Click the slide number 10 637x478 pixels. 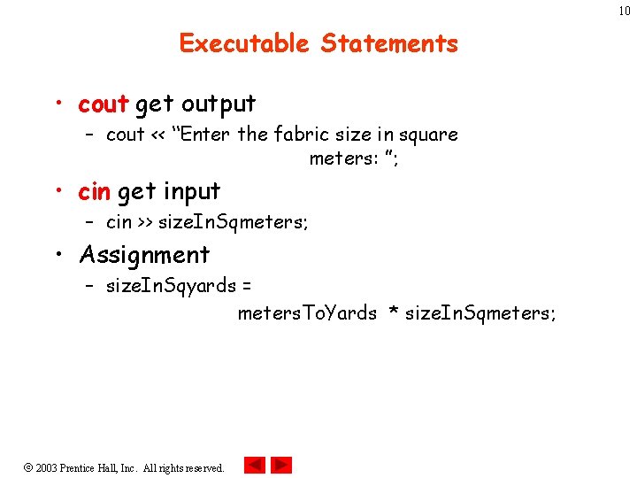point(625,10)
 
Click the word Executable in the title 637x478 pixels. point(244,43)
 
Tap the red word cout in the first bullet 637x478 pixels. point(104,104)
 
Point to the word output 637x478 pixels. point(219,104)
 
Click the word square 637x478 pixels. point(427,135)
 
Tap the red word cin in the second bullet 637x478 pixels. point(95,191)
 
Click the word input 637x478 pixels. point(192,191)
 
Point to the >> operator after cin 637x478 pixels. point(145,223)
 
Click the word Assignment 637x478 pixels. point(144,255)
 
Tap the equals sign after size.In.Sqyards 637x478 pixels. point(246,287)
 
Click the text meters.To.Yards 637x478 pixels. point(307,313)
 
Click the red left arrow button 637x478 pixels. point(255,466)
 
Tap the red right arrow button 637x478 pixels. point(281,466)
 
